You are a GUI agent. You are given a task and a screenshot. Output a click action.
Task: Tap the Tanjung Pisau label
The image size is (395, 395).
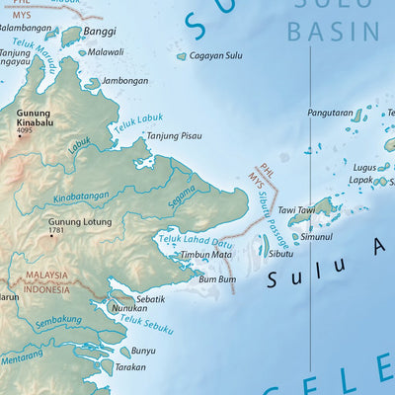coord(176,136)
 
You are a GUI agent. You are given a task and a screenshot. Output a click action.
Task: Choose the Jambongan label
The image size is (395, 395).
coord(124,81)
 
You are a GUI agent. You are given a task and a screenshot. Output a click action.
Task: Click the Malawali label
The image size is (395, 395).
coord(106,51)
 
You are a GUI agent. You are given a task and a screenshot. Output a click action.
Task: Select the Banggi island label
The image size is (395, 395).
coord(98,32)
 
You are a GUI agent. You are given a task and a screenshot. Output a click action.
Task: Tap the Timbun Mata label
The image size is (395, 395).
coord(205,255)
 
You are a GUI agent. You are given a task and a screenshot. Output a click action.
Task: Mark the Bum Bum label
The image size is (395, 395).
coord(217,279)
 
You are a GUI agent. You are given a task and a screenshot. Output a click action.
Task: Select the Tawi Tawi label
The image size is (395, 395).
coord(296,210)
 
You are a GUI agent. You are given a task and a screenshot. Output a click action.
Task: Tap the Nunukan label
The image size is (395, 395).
coord(129,309)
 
